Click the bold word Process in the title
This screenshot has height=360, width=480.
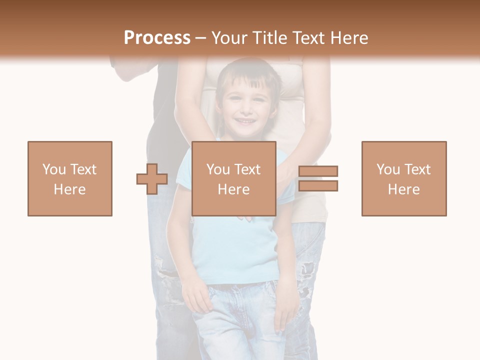(157, 38)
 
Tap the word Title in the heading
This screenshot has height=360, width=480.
(270, 38)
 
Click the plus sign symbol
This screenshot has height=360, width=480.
(152, 179)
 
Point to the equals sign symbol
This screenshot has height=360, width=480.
(318, 178)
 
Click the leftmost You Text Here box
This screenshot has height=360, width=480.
(70, 178)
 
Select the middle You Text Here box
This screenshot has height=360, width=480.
(234, 178)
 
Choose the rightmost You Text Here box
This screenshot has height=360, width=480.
(404, 178)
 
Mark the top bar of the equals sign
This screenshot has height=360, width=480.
(318, 171)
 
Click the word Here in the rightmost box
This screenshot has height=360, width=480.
(404, 189)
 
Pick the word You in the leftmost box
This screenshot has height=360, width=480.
(54, 169)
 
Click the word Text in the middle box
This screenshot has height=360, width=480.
(248, 169)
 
